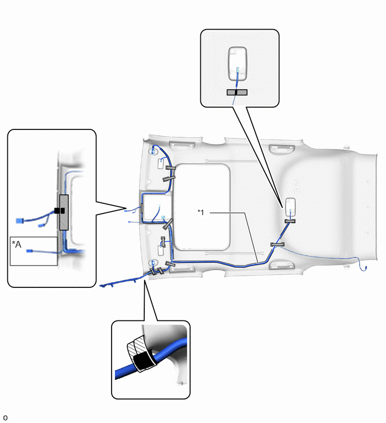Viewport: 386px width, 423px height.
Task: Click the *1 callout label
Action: [201, 212]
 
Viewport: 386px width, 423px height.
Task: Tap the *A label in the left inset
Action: [16, 244]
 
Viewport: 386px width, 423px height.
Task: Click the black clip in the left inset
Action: [59, 211]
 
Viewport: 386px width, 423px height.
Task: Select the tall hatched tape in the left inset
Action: [64, 212]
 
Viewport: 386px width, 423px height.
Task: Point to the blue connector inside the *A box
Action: [29, 251]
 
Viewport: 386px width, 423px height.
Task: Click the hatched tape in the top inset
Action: [237, 92]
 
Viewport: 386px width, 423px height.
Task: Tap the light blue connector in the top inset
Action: [237, 70]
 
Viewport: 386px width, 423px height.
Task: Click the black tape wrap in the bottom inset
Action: [142, 361]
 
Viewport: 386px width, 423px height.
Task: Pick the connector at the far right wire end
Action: [365, 268]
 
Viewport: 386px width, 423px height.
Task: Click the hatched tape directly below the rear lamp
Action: [290, 221]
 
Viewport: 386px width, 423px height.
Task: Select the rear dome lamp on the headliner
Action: [291, 207]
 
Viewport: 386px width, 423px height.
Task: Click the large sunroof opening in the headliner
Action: [202, 207]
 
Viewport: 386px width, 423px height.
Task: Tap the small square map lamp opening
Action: [157, 207]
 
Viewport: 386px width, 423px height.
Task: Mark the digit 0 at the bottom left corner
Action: [6, 418]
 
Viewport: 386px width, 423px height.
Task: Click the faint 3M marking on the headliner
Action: [296, 186]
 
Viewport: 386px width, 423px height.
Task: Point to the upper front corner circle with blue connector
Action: [153, 151]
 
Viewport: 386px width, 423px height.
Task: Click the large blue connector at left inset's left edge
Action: [19, 221]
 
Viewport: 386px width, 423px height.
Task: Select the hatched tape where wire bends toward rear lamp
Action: [277, 244]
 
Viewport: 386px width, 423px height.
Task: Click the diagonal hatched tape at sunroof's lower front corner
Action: [168, 224]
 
